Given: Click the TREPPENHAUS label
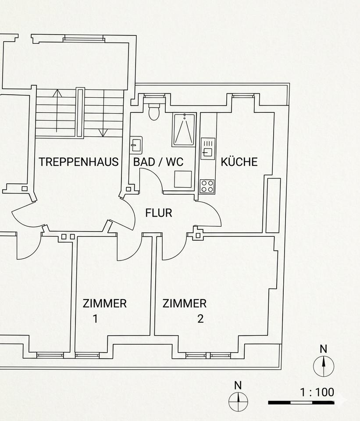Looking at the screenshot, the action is [78, 162].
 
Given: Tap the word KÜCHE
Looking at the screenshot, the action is [239, 162].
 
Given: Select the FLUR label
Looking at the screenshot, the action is [159, 214].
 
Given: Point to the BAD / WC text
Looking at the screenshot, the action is [158, 162].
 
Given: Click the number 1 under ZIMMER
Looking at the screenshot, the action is [96, 319].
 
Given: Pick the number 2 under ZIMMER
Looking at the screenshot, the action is [200, 319].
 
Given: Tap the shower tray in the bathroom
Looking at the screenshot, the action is [184, 129].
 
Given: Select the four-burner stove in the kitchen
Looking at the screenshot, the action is [207, 186].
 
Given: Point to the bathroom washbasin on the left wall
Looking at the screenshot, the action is [136, 144].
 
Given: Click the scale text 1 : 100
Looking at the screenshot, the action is [317, 392].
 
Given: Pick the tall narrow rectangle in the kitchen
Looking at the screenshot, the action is [273, 205].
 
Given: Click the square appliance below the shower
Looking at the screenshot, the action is [183, 179].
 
